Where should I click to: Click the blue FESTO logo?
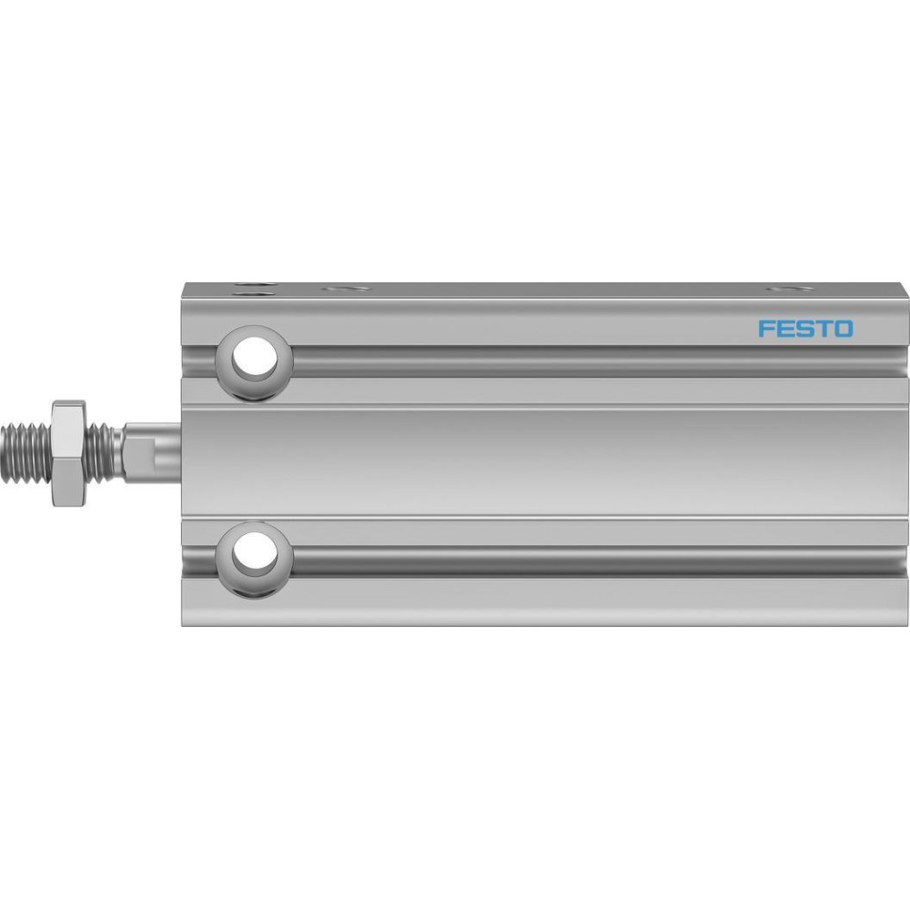click(805, 329)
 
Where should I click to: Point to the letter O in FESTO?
click(844, 329)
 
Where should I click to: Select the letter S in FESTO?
click(804, 329)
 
